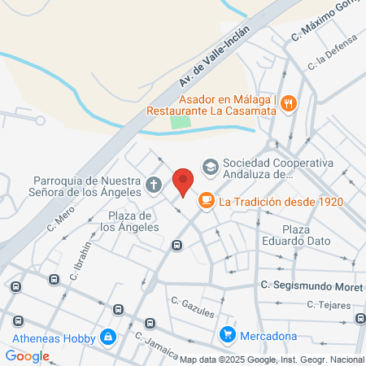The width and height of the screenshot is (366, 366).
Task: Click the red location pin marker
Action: coord(184,181)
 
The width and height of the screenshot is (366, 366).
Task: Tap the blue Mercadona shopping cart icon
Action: coord(229,334)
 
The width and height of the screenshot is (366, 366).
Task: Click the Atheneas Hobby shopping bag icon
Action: coord(107,335)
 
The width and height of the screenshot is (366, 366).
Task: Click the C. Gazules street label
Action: coord(193,307)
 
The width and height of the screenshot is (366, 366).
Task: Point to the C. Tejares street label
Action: coord(329,305)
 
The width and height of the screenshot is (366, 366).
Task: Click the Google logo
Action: coord(27,355)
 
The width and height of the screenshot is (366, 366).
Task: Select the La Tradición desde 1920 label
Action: coord(281,202)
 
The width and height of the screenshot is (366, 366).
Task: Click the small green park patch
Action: coord(181,124)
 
